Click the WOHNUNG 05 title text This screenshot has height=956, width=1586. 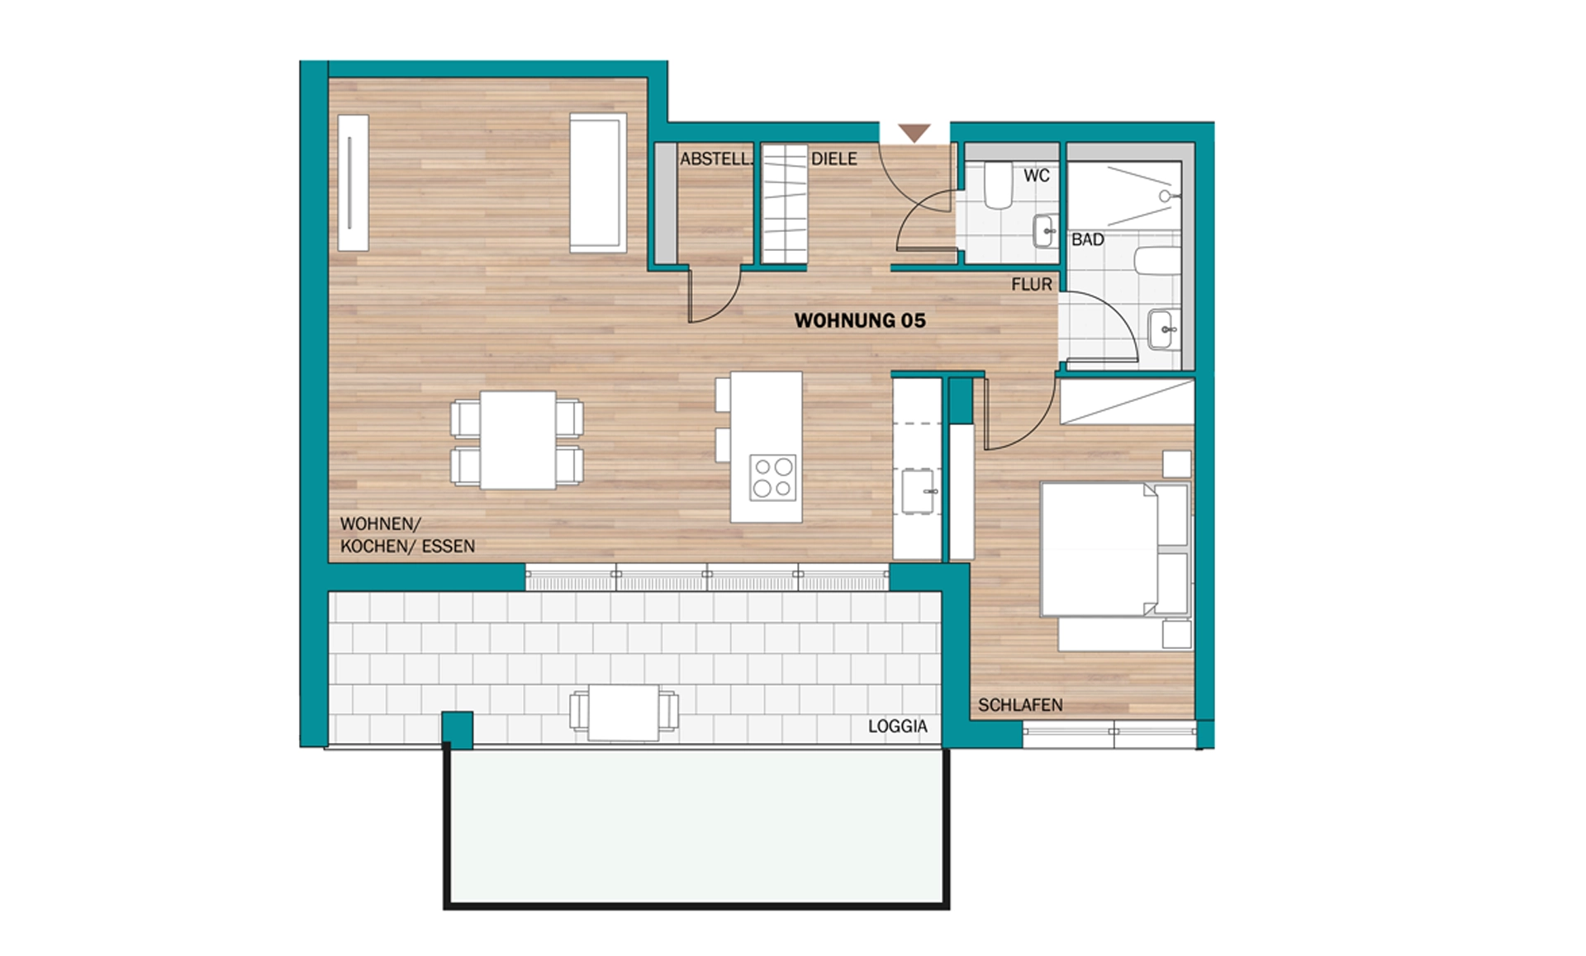(x=860, y=320)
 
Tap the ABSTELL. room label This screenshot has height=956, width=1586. (x=716, y=159)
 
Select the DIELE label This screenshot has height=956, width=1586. (x=833, y=159)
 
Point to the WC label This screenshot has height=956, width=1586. (x=1037, y=175)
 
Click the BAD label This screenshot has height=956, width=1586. (x=1088, y=239)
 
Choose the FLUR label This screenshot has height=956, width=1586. (x=1032, y=284)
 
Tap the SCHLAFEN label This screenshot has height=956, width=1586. (x=1020, y=705)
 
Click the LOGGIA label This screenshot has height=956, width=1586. (x=897, y=726)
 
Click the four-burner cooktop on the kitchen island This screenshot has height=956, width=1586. (x=772, y=478)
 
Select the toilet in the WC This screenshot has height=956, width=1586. (x=999, y=185)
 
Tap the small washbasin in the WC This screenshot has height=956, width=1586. (x=1045, y=231)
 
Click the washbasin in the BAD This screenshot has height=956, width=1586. (x=1165, y=329)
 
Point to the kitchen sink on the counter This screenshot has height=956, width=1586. (x=918, y=491)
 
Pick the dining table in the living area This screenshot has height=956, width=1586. (x=518, y=440)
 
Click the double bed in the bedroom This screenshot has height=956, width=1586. (x=1114, y=549)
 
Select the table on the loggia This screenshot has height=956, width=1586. (x=624, y=712)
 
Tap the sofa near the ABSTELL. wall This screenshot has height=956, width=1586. (x=597, y=182)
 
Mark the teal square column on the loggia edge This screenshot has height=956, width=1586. (x=457, y=728)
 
